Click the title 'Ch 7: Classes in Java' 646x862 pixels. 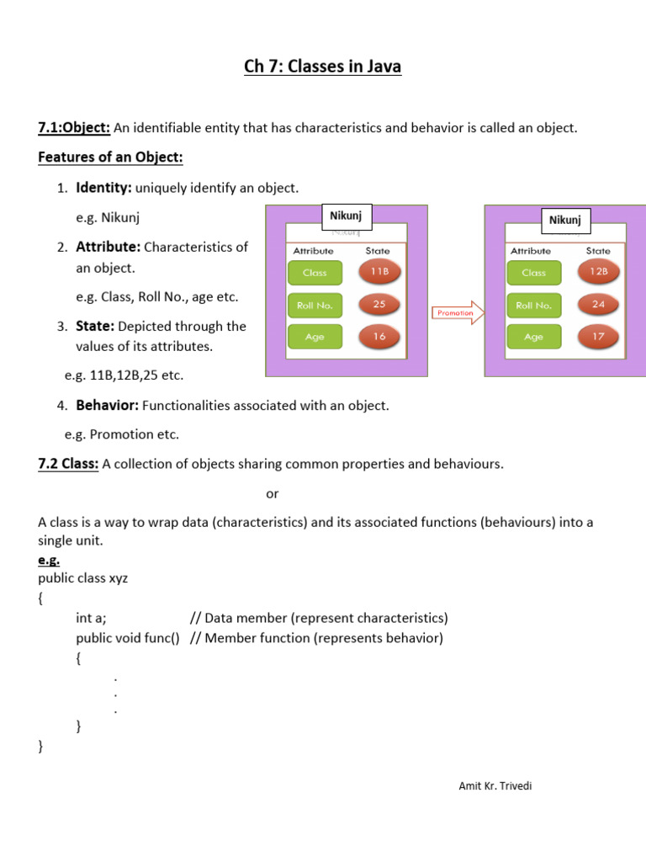323,66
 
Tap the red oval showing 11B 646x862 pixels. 379,272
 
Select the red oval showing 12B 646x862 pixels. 598,272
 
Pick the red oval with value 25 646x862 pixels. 379,305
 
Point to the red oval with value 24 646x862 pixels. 598,305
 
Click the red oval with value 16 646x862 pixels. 379,337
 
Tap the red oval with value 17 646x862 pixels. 598,337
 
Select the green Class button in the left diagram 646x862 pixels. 315,273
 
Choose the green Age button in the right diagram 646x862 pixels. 533,337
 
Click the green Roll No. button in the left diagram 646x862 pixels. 315,306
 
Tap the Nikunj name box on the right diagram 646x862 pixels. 565,221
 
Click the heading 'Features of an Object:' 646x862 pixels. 110,157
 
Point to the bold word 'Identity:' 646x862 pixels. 103,187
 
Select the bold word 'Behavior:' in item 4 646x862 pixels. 107,405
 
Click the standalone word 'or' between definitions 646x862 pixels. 272,493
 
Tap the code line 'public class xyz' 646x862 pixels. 83,578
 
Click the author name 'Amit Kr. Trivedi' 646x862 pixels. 495,786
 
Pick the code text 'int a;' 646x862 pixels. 91,617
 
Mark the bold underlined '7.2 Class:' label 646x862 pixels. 69,464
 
